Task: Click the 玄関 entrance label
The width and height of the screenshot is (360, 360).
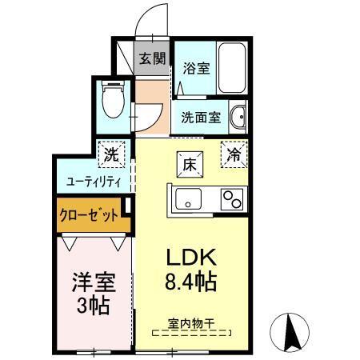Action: click(152, 58)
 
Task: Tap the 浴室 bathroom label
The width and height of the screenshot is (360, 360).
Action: click(195, 68)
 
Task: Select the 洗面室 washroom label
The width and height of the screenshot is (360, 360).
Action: click(200, 118)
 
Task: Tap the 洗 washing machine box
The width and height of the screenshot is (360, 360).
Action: click(111, 154)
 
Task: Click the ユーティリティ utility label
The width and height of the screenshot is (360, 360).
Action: click(93, 182)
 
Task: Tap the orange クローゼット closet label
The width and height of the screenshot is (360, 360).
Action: click(87, 216)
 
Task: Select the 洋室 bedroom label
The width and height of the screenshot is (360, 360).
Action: click(94, 282)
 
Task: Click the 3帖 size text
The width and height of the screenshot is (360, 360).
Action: click(94, 305)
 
